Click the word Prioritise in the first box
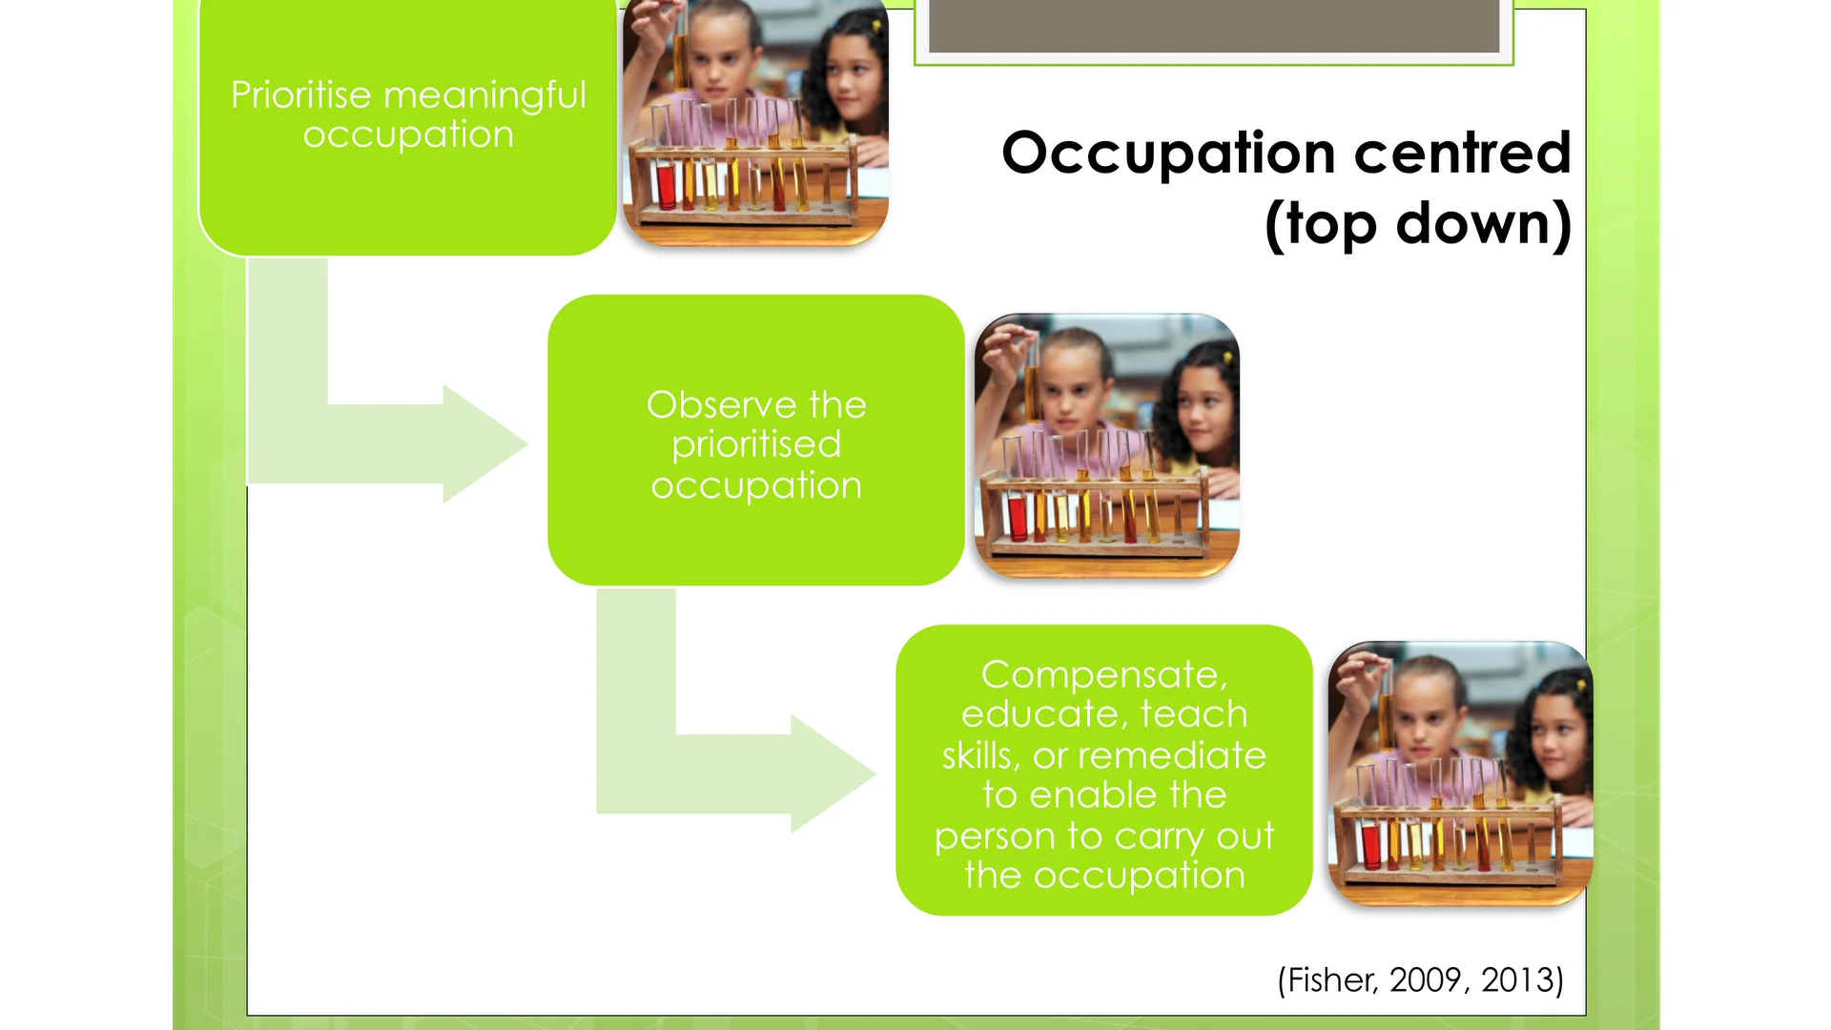click(300, 95)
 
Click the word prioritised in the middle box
click(756, 445)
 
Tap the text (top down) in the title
click(1417, 224)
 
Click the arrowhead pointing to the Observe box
click(482, 443)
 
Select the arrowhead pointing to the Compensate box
click(830, 773)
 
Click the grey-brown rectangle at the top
click(1213, 26)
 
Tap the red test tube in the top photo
click(666, 185)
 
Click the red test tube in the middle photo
click(1017, 516)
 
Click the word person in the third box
click(996, 837)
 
